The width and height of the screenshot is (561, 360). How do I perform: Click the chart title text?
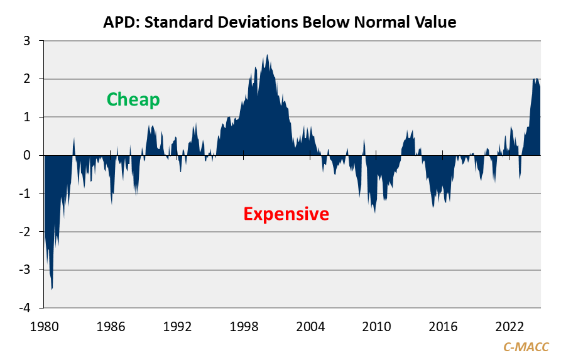[x=280, y=23]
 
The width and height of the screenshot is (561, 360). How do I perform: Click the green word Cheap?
[x=133, y=99]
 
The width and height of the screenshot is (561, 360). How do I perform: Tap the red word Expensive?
[x=286, y=214]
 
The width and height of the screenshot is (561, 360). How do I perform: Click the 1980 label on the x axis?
[x=44, y=327]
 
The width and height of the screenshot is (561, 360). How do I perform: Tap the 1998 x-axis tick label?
[x=244, y=327]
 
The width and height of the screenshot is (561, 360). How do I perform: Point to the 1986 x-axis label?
[x=111, y=327]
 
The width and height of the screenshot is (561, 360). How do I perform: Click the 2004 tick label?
[x=310, y=327]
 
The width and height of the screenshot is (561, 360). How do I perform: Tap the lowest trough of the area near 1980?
[x=52, y=289]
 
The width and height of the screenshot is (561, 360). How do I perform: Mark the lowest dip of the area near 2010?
[x=375, y=212]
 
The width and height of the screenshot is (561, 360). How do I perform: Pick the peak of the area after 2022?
[x=535, y=79]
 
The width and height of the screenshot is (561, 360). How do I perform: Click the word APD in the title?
[x=119, y=23]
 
